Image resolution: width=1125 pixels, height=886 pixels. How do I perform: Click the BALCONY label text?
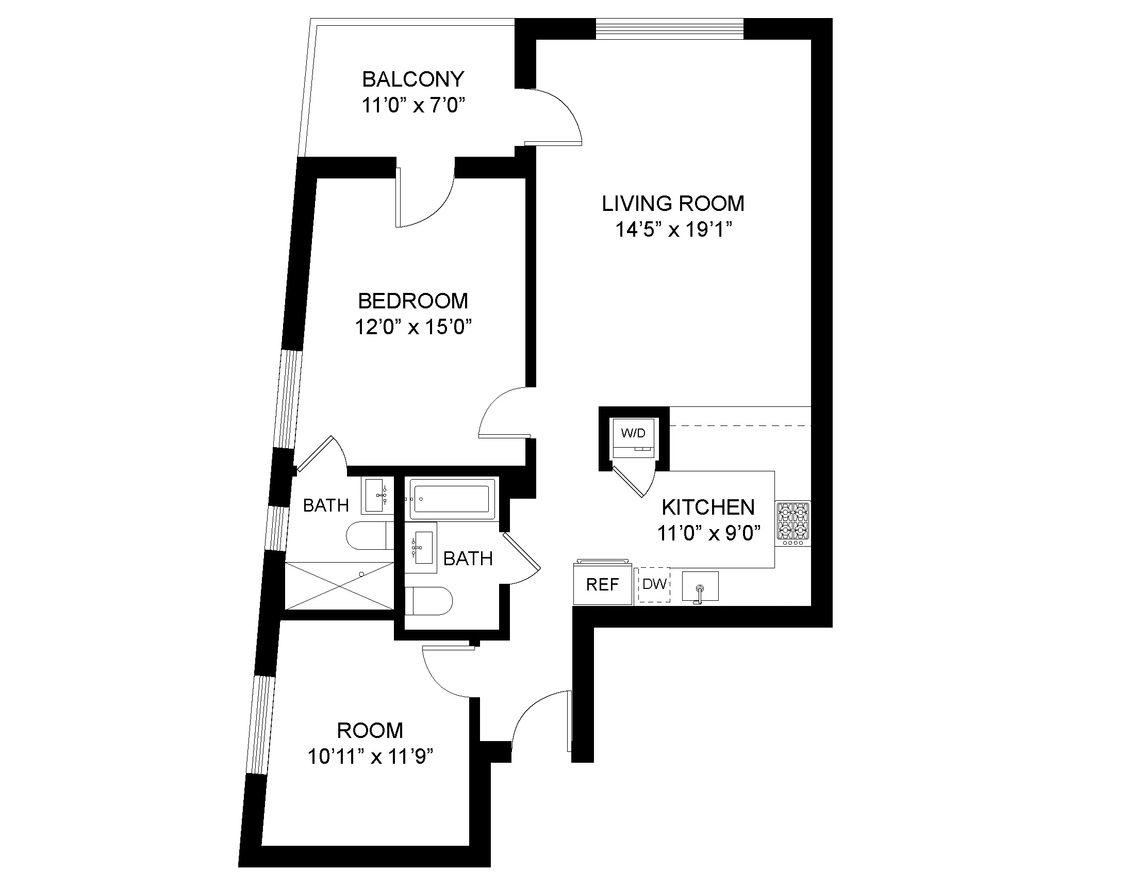click(413, 79)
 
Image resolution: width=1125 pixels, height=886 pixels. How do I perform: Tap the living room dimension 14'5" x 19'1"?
click(673, 229)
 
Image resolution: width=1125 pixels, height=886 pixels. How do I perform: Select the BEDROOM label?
click(413, 301)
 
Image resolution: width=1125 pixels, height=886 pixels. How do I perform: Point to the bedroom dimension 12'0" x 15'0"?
click(413, 327)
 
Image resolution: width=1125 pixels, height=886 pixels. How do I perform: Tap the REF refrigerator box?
click(602, 585)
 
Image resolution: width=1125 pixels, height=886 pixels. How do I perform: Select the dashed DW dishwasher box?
click(654, 585)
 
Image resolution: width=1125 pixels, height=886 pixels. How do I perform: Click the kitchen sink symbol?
click(700, 587)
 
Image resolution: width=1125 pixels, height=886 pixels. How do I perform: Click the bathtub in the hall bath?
click(449, 499)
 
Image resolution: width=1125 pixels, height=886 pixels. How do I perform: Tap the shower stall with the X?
click(340, 586)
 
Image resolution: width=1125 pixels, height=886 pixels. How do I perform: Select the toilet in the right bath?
click(428, 601)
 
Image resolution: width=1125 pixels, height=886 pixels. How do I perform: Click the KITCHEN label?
click(708, 507)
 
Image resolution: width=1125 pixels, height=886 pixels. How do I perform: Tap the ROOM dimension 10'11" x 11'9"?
click(370, 757)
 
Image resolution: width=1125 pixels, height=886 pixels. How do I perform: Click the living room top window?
click(669, 28)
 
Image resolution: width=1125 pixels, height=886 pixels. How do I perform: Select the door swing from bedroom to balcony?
click(424, 200)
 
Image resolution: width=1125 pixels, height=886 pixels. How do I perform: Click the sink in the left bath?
click(376, 496)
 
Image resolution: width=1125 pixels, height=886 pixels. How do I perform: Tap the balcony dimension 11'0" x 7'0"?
click(413, 106)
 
